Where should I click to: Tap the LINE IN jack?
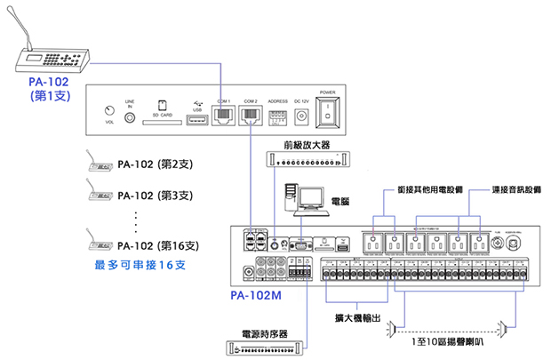(x=130, y=116)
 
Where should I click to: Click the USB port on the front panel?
(x=197, y=120)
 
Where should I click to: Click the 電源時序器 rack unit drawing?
(x=265, y=348)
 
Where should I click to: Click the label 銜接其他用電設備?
(x=414, y=188)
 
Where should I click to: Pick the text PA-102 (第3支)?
(x=156, y=195)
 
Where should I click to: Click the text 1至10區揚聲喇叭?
(x=449, y=340)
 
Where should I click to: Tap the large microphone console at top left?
(x=53, y=58)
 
